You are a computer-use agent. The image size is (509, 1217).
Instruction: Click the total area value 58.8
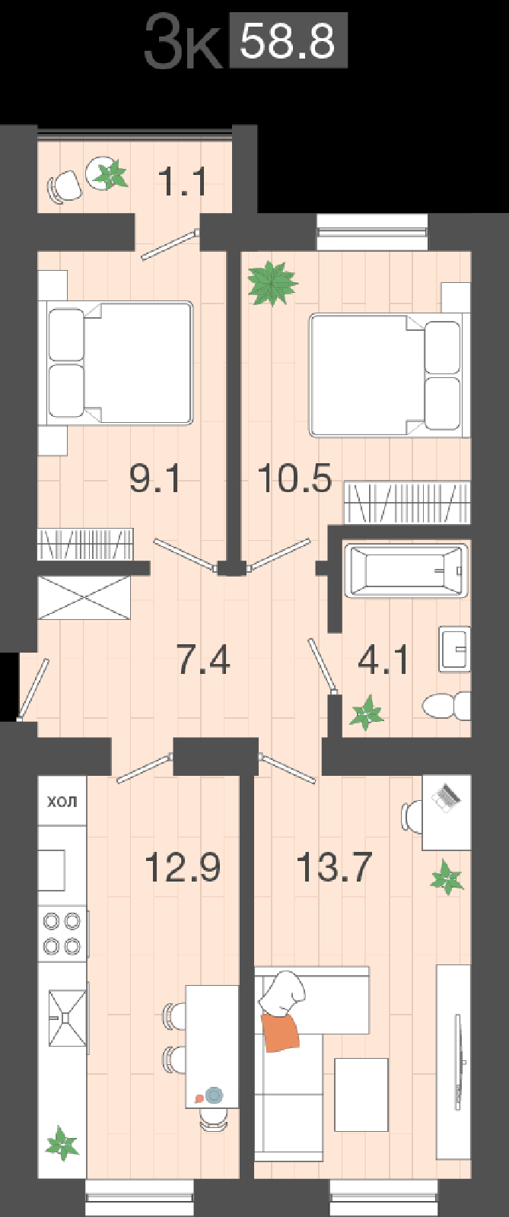click(288, 43)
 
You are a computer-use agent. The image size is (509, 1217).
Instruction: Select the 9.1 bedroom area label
click(155, 478)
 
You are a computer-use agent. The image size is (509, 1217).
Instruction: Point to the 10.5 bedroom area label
click(294, 478)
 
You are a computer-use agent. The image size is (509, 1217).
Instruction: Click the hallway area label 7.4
click(203, 659)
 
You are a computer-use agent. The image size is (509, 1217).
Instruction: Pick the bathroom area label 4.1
click(383, 659)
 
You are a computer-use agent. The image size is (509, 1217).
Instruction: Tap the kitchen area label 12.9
click(183, 867)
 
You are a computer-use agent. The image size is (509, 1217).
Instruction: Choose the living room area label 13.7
click(334, 867)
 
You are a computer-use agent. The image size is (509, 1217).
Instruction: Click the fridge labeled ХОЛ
click(62, 802)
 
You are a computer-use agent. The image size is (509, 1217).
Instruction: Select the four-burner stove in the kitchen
click(62, 933)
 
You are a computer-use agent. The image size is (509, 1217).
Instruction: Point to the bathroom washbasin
click(454, 649)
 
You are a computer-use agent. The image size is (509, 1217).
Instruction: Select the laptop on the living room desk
click(447, 796)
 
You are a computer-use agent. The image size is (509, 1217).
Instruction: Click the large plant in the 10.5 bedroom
click(272, 283)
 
